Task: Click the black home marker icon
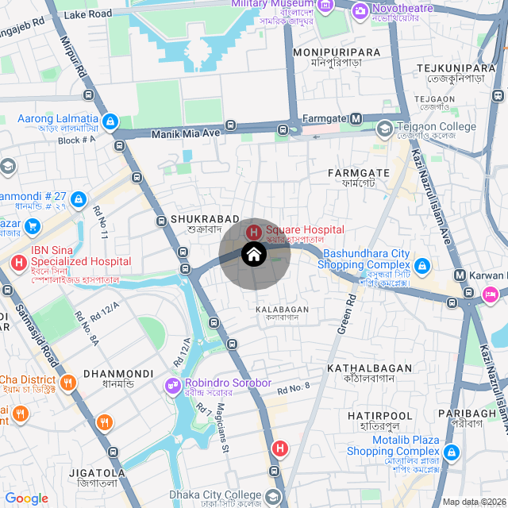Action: click(254, 255)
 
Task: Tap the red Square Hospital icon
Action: click(253, 232)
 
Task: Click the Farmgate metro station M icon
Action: click(356, 119)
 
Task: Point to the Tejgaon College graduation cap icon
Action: click(385, 127)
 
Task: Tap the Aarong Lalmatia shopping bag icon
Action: click(110, 122)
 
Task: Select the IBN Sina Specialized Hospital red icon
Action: click(17, 262)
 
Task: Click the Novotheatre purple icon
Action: click(360, 10)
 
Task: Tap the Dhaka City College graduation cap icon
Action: click(274, 497)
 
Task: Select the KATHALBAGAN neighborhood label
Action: click(370, 368)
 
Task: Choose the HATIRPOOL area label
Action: click(380, 416)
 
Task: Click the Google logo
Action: click(27, 498)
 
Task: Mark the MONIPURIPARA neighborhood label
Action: click(337, 52)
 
